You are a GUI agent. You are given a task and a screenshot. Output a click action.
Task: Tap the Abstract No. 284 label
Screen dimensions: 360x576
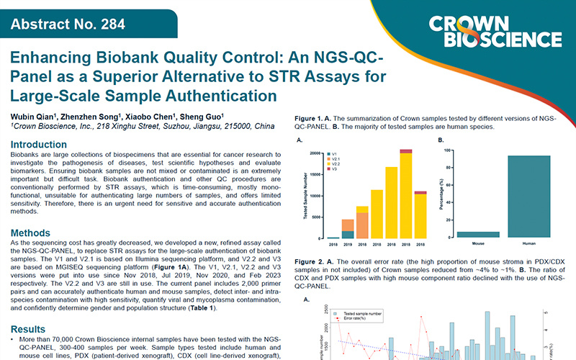pos(58,27)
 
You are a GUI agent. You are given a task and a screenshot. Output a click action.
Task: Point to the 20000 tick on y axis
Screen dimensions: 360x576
pos(315,153)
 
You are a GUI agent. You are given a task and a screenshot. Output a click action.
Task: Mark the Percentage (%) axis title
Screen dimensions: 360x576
pos(441,194)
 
